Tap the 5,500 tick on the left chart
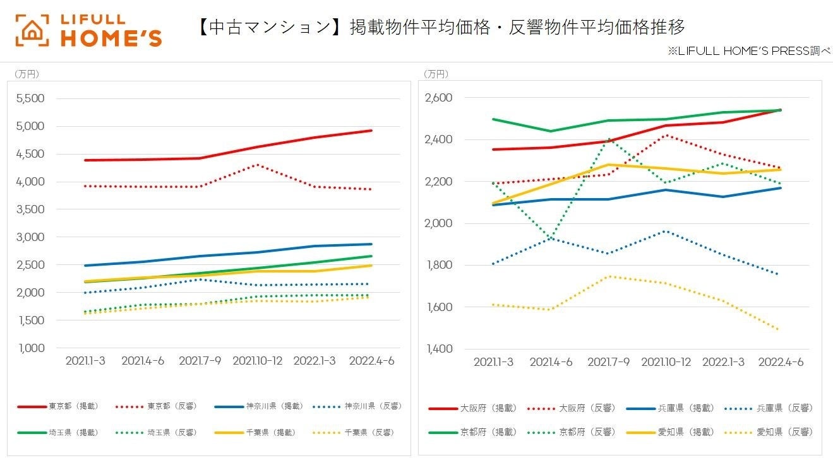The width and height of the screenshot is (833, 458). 30,98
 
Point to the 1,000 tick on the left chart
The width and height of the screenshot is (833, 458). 30,348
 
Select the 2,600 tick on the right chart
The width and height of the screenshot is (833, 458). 439,98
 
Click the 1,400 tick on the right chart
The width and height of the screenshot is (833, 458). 439,349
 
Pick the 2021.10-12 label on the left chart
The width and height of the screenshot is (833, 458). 258,361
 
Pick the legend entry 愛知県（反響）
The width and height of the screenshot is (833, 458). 784,432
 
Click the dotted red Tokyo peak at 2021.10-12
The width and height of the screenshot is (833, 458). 257,165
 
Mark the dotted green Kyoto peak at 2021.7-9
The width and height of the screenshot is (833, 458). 609,139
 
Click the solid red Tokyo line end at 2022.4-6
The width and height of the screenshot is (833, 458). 371,131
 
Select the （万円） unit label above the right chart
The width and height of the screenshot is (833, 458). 436,74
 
